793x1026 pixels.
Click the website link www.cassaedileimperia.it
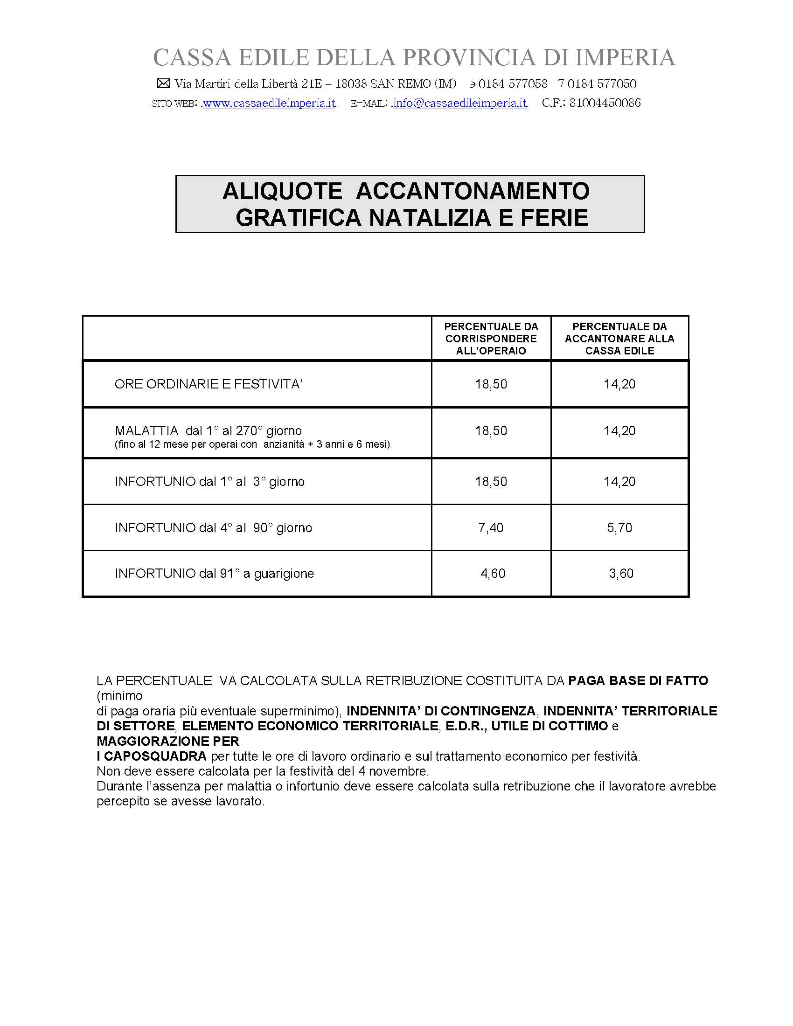(x=269, y=104)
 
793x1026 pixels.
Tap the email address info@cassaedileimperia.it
(x=459, y=104)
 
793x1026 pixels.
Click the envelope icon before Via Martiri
(x=163, y=83)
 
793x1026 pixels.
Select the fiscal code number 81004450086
(x=605, y=104)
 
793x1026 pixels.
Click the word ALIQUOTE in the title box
(x=282, y=191)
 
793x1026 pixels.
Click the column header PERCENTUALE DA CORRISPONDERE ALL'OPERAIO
(x=491, y=338)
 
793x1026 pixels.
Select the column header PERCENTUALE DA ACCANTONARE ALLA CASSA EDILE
(x=619, y=338)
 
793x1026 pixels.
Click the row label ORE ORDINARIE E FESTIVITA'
(x=208, y=384)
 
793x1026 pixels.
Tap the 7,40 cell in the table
(x=491, y=527)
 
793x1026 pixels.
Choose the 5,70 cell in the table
(x=619, y=527)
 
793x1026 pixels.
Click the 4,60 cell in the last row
(x=492, y=573)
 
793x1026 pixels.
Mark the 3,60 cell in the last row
(x=621, y=573)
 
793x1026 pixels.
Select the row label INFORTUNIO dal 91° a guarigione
(x=214, y=573)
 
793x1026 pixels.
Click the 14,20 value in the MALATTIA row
(x=619, y=431)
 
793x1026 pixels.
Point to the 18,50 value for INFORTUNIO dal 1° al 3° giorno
(x=491, y=482)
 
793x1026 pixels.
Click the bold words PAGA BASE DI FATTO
(x=638, y=681)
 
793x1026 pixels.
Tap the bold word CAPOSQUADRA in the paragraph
(x=155, y=756)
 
